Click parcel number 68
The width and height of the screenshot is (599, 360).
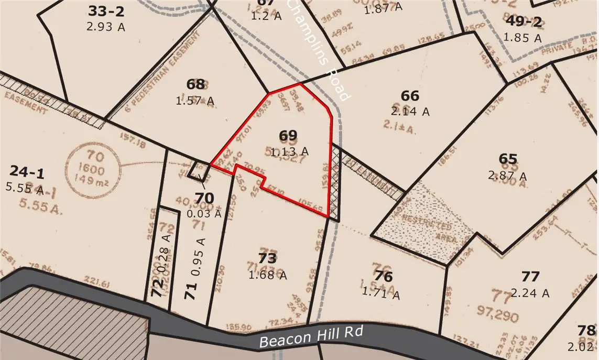(x=195, y=84)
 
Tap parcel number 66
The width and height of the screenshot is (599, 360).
(x=410, y=96)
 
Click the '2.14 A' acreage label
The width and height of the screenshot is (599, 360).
(x=410, y=111)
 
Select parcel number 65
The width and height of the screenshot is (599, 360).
(x=508, y=159)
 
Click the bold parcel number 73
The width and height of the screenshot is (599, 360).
(x=267, y=258)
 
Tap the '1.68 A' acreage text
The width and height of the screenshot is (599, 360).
(x=267, y=274)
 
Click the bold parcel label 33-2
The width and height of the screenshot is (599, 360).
(x=105, y=11)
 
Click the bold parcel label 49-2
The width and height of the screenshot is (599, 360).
(x=522, y=21)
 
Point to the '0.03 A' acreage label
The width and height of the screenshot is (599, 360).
(x=204, y=213)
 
